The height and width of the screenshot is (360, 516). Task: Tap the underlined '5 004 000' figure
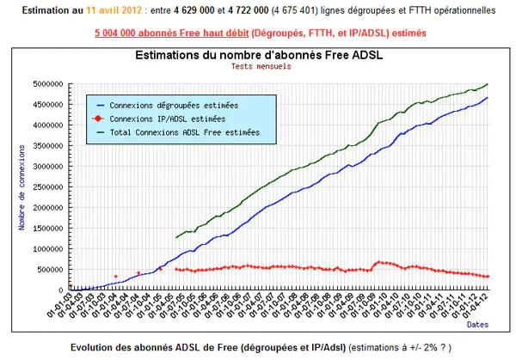(117, 32)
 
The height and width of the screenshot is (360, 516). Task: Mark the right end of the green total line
(488, 84)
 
